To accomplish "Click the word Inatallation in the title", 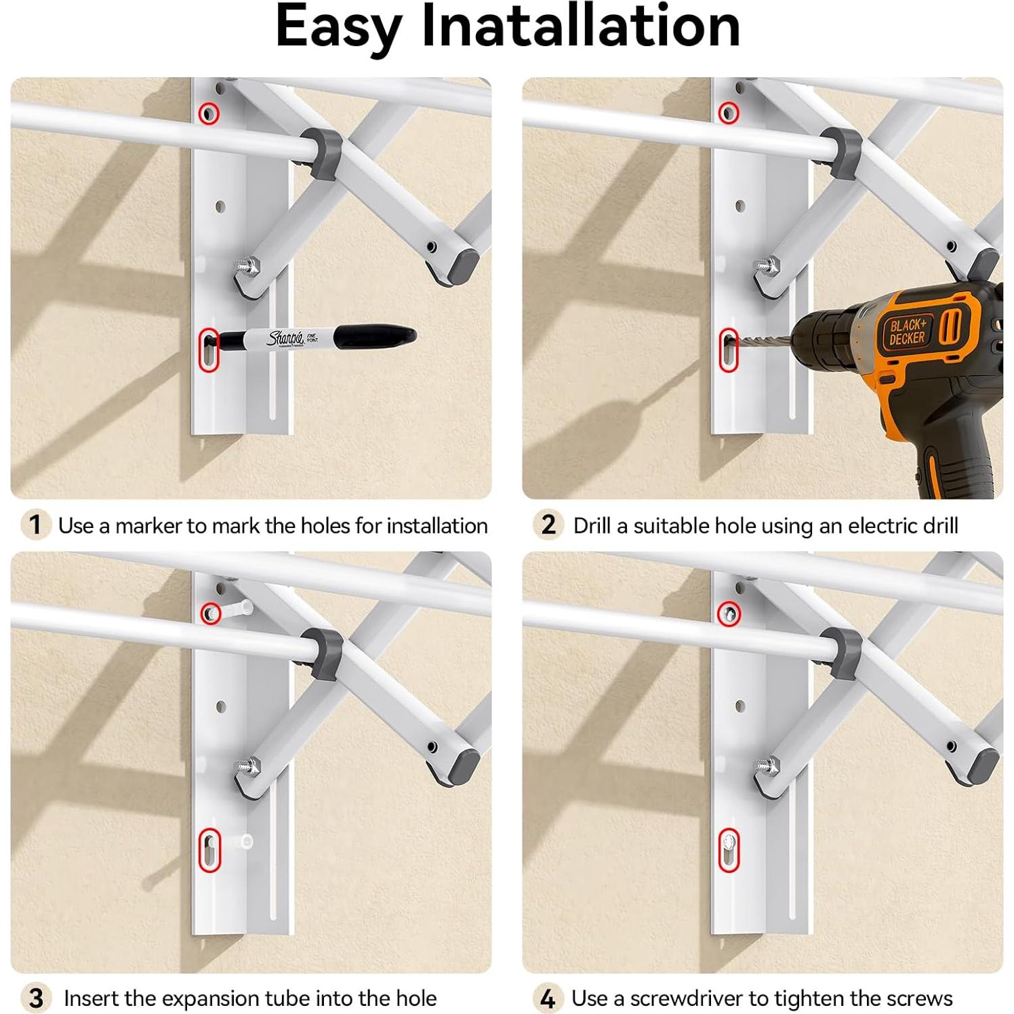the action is pos(581,27).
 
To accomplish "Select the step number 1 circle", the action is pos(36,525).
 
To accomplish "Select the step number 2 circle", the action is pos(548,525).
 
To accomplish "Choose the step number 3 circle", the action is pos(36,998).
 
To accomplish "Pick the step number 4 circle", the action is pos(548,998).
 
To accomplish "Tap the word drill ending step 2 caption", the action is pos(939,526).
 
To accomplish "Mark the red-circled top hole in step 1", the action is pos(209,113).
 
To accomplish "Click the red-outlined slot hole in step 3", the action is pos(209,850).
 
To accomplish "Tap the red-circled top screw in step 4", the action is pos(729,614).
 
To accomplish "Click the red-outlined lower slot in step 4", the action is pos(729,850).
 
